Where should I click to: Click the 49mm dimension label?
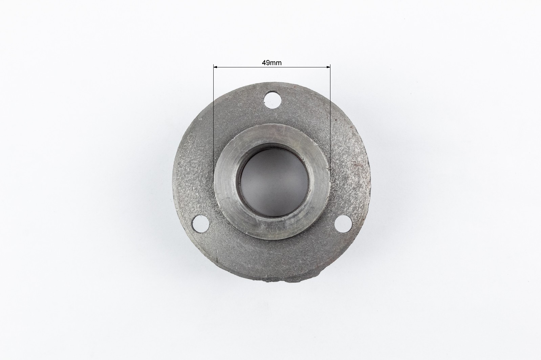click(272, 63)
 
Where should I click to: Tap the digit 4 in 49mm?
click(264, 63)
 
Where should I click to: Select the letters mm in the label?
click(276, 63)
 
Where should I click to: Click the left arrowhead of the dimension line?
click(215, 67)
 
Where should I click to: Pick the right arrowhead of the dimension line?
click(328, 67)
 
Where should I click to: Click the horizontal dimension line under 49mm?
click(272, 67)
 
